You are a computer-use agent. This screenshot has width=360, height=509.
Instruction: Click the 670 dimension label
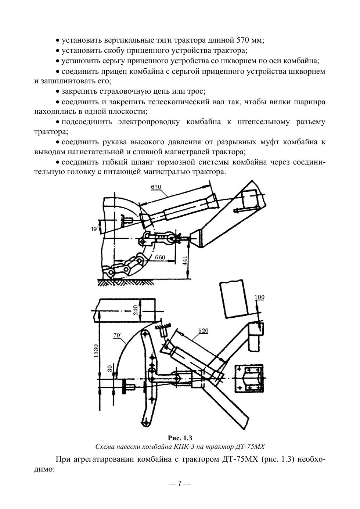156,187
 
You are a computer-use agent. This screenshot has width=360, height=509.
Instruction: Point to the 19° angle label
95,229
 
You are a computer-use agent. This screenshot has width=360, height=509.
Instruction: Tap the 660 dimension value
160,257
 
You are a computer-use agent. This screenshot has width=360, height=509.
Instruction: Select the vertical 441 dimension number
185,260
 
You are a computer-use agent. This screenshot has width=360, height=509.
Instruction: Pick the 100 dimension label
259,297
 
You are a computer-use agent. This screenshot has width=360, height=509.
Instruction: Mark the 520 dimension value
203,331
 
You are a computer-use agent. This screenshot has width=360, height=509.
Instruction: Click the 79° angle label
118,335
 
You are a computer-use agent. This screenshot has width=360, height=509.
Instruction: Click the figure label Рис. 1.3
180,438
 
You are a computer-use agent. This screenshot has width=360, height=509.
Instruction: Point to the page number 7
180,483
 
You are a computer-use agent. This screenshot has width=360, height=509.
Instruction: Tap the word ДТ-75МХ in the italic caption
249,447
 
